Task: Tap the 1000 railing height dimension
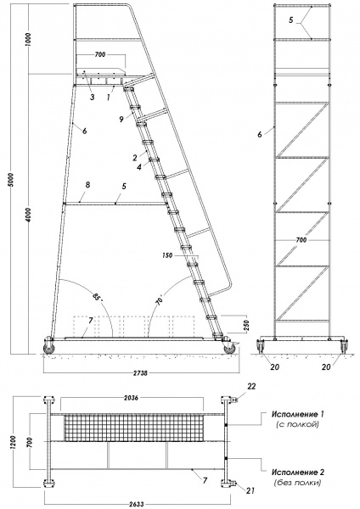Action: (28, 40)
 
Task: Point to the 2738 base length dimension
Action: (141, 373)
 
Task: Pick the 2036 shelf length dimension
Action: (131, 398)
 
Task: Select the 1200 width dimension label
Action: (14, 442)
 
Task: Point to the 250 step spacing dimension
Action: (246, 325)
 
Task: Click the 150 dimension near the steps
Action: (167, 255)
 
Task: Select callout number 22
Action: (251, 387)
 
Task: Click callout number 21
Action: (250, 490)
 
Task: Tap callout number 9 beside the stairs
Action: (121, 119)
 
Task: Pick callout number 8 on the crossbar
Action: (87, 185)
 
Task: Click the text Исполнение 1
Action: (298, 414)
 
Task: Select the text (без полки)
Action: (298, 483)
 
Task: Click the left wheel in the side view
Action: (48, 348)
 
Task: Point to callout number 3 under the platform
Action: (93, 97)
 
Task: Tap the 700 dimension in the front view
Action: (301, 240)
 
